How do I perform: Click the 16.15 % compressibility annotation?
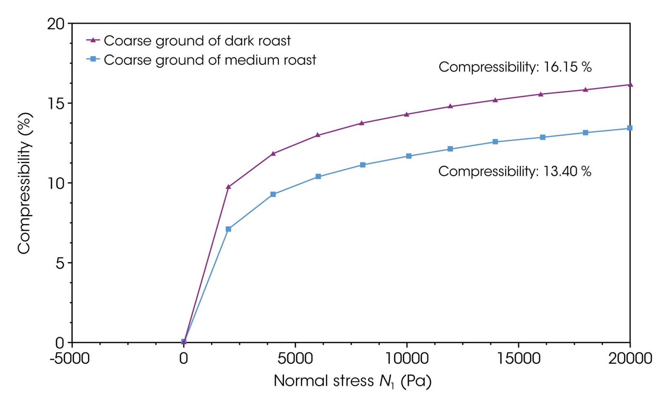pos(515,67)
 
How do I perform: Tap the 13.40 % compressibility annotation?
pos(514,171)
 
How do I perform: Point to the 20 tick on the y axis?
pos(56,24)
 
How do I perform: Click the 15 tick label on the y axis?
pos(56,103)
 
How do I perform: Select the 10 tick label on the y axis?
pos(56,183)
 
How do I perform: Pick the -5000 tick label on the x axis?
pos(70,359)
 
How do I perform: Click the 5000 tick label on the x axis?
pos(295,359)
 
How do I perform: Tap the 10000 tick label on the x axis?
pos(407,359)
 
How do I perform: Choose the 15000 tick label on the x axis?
pos(518,359)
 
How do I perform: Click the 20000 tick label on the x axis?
pos(630,359)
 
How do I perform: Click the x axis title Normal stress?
pos(352,381)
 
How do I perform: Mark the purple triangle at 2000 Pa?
pos(228,187)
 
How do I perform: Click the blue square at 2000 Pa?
pos(228,229)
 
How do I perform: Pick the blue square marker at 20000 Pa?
pos(630,128)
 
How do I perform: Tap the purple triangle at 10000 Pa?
pos(407,114)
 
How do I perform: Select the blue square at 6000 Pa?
pos(318,177)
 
